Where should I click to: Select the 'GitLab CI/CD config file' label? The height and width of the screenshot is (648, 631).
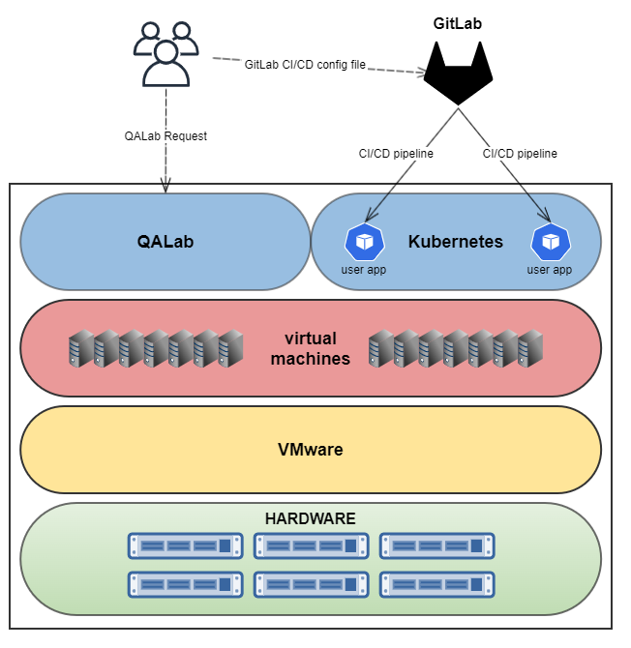(x=306, y=65)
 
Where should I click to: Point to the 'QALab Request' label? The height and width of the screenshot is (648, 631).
(x=165, y=136)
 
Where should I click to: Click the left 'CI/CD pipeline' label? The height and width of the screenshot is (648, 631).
(x=396, y=153)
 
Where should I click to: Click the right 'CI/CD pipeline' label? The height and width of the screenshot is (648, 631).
(x=520, y=153)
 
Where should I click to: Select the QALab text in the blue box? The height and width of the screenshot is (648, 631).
(x=165, y=242)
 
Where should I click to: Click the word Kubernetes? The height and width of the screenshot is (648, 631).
(x=456, y=242)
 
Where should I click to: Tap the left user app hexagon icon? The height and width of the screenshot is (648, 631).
(x=364, y=242)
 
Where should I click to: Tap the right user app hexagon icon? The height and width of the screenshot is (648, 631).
(x=551, y=242)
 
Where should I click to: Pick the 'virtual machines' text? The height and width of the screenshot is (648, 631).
(x=310, y=348)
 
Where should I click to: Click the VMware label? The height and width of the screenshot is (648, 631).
(x=310, y=450)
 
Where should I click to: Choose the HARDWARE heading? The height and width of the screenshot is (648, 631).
(x=310, y=518)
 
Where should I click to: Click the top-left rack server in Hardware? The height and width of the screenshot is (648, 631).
(x=185, y=545)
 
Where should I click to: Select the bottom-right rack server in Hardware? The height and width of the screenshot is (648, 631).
(x=436, y=584)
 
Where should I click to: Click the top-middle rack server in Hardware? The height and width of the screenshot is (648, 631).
(x=311, y=545)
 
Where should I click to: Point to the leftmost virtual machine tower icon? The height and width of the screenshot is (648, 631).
(x=79, y=348)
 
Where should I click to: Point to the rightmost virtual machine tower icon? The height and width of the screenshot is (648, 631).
(x=530, y=348)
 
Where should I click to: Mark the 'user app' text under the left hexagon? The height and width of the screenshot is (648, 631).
(x=364, y=270)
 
